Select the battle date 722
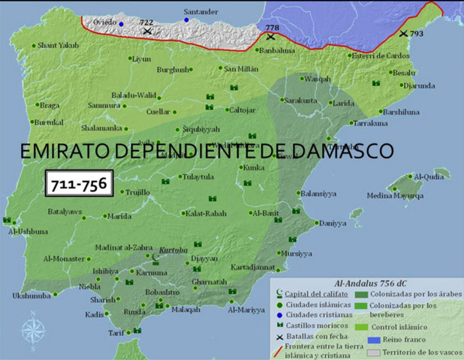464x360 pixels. pyautogui.click(x=146, y=23)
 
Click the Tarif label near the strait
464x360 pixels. pyautogui.click(x=116, y=333)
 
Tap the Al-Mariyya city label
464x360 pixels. pyautogui.click(x=246, y=310)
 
